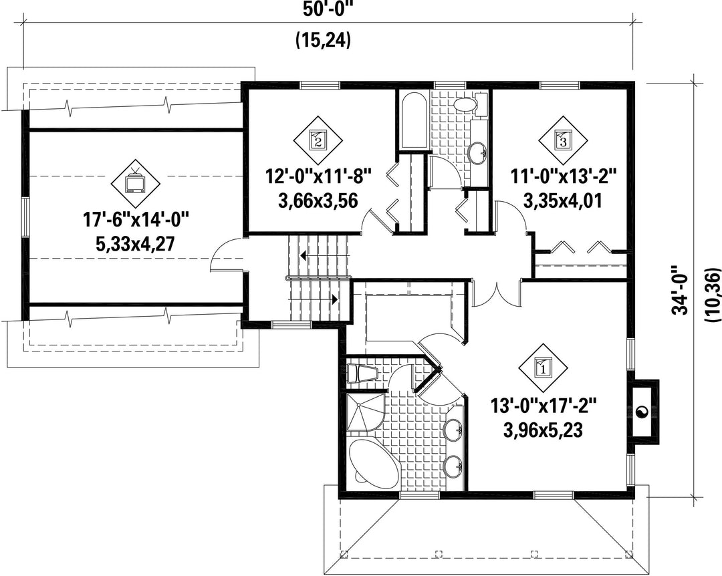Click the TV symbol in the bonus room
point(135,182)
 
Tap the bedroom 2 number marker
point(318,138)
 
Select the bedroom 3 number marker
point(563,138)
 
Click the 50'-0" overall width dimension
point(328,9)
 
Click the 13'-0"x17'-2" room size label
point(544,406)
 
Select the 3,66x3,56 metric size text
point(318,200)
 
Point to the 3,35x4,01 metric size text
point(563,200)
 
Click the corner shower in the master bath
point(366,412)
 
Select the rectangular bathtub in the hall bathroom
point(414,121)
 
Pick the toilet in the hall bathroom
point(469,103)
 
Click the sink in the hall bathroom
point(477,152)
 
